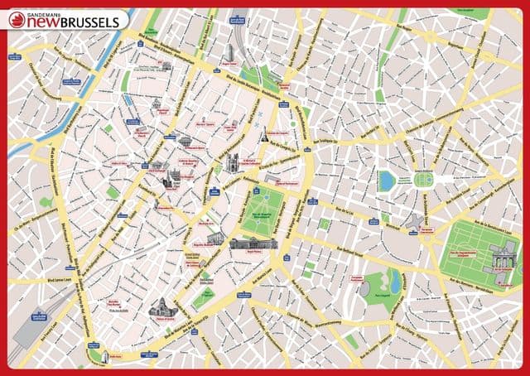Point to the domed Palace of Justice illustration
tap(162, 308)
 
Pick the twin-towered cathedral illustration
tap(233, 162)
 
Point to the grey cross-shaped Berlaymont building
tap(412, 221)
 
